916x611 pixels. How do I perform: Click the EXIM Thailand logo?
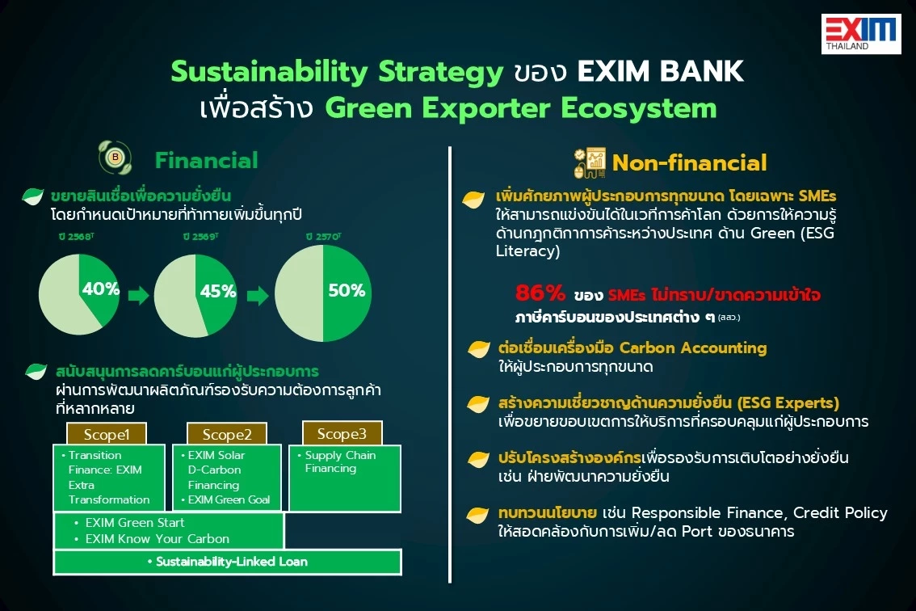coord(860,33)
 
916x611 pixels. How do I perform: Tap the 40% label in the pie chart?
coord(101,289)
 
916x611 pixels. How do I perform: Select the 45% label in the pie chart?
coord(218,291)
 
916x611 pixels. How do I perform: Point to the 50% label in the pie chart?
coord(347,291)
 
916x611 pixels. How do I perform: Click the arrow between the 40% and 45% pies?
coord(138,296)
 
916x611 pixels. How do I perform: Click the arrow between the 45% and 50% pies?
coord(258,296)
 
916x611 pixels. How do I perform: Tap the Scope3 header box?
coord(342,432)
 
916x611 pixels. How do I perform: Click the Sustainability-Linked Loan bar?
coord(227,562)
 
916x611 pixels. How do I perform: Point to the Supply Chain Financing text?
coord(340,461)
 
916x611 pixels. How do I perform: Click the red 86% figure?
coord(540,294)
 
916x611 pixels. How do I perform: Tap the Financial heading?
coord(207,160)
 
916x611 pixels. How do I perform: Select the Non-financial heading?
coord(689,162)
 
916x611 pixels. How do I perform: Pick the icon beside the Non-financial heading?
coord(590,162)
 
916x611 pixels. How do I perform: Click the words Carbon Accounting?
coord(693,348)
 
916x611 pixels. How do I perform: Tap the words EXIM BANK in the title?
coord(660,72)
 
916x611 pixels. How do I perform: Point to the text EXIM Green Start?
coord(134,523)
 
